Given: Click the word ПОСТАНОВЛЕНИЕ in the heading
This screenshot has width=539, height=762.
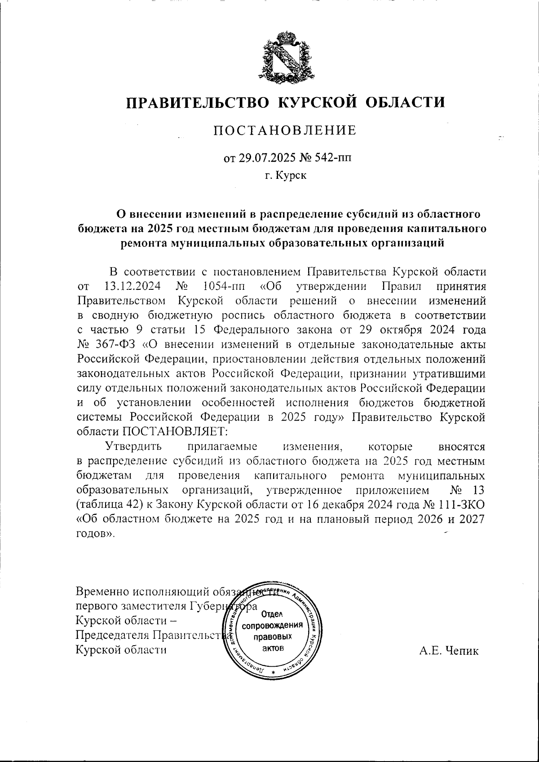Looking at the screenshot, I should click(285, 130).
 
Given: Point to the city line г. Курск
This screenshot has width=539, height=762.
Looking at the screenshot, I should click(285, 175).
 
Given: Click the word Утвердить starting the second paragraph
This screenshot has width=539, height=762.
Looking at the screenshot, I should click(133, 446).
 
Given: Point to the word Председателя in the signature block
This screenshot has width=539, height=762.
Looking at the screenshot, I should click(113, 636).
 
